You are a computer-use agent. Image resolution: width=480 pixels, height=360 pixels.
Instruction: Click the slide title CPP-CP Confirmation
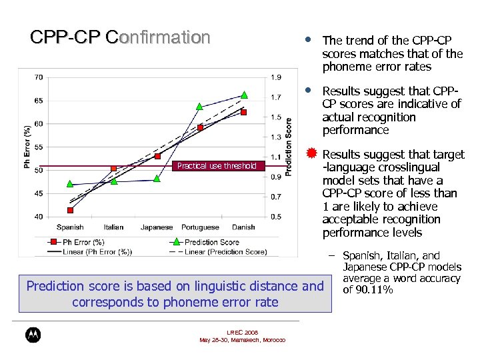point(120,37)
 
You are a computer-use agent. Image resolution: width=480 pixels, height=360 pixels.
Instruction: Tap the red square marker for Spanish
point(70,210)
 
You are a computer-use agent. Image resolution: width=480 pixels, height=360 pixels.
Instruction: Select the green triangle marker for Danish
point(244,95)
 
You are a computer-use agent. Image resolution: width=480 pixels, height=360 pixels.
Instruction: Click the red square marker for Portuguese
point(200,127)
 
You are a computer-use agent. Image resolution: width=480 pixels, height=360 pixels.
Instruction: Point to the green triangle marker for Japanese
point(157,178)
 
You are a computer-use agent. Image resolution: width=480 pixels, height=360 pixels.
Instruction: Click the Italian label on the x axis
point(113,227)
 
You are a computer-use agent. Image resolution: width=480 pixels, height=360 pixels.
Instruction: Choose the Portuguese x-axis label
point(200,227)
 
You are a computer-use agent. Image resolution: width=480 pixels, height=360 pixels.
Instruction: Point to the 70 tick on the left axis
point(39,77)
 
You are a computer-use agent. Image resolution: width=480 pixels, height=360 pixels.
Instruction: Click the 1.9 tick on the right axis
point(276,77)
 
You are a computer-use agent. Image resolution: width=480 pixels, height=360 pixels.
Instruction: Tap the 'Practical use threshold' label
point(217,166)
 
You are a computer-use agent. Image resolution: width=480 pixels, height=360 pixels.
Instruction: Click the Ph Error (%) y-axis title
point(27,147)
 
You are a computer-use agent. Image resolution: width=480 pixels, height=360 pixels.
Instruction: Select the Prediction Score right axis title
point(289,147)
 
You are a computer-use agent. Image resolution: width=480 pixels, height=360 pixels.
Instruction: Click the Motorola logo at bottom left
point(32,336)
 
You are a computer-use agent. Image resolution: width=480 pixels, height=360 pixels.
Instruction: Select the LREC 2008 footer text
point(243,332)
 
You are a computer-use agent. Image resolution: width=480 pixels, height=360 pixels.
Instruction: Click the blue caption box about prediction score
point(175,293)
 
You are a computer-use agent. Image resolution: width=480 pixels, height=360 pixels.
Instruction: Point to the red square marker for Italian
point(113,169)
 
